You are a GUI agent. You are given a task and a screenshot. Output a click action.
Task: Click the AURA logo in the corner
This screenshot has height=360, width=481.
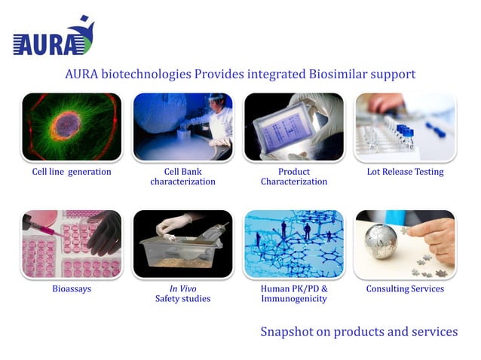coord(53,38)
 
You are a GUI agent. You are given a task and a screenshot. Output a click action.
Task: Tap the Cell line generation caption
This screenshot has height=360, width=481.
coord(72,172)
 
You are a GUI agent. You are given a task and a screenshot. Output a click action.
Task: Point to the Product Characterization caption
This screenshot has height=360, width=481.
coord(294,176)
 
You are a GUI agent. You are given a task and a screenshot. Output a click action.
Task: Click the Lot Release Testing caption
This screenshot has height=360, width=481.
coord(405,172)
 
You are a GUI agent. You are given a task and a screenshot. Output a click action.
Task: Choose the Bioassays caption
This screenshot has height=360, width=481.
coord(72,288)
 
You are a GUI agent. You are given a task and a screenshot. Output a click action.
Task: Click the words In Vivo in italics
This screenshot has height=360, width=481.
coord(182,288)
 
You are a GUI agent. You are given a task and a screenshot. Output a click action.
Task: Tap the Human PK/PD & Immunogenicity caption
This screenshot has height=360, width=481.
coord(294,294)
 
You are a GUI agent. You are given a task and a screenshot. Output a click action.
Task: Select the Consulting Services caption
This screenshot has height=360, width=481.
coord(405,288)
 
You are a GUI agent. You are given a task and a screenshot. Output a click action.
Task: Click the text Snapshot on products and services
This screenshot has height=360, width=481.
coord(359,331)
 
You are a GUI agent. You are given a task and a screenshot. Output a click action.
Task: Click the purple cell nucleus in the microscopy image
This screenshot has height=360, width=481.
coord(69,124)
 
